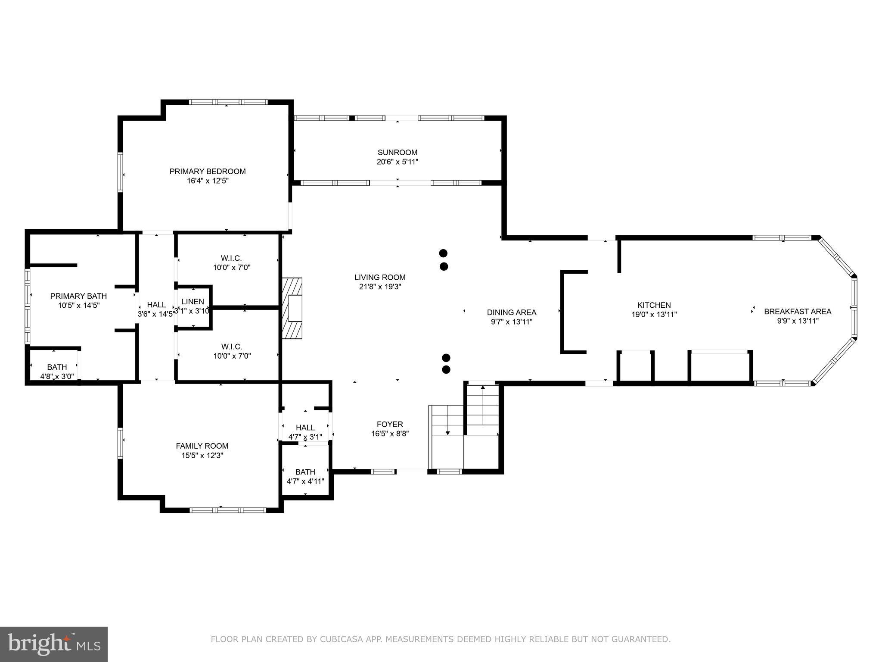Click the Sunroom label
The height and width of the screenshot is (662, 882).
[x=397, y=152]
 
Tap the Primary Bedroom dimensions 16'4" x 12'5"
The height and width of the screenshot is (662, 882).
[x=208, y=181]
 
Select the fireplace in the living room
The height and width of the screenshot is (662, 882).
[x=292, y=308]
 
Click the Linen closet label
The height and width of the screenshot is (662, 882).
[x=193, y=302]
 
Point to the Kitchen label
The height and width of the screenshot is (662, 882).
[x=654, y=305]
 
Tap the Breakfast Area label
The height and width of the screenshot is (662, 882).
[x=797, y=311]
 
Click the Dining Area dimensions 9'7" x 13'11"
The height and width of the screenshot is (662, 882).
[x=512, y=322]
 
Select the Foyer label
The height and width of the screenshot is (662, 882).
[x=390, y=424]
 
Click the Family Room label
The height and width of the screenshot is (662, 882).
[x=202, y=446]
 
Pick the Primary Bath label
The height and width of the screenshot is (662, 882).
[x=78, y=296]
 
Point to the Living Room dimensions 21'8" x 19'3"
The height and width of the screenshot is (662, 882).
[x=380, y=287]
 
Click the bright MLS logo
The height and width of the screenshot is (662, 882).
[x=54, y=644]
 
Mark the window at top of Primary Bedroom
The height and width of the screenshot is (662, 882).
[x=228, y=102]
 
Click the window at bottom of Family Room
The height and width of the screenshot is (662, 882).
[x=228, y=510]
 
